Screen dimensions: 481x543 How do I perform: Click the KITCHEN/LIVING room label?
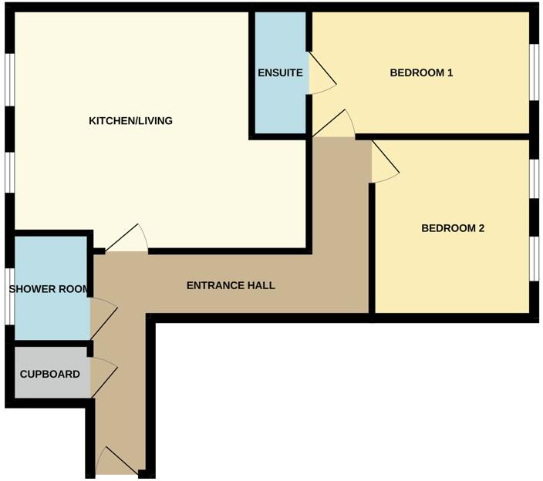tap(130, 121)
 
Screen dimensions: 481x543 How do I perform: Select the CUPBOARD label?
tap(49, 375)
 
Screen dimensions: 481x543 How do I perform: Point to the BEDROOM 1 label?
tap(420, 73)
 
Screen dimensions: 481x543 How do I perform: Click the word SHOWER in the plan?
tap(31, 290)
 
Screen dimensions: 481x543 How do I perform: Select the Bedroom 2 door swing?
tap(383, 165)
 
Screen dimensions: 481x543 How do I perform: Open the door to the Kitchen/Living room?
tap(127, 240)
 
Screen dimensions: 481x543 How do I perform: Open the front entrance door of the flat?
tap(117, 462)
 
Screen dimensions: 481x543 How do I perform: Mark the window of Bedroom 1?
tap(534, 73)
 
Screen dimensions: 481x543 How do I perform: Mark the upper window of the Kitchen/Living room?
tap(8, 79)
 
